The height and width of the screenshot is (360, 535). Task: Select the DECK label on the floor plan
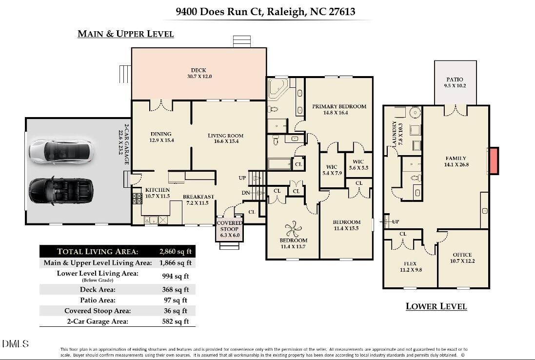[x=198, y=70]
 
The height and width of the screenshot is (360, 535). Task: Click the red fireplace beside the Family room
[x=494, y=160]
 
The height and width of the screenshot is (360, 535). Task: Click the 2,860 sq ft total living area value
[x=176, y=252]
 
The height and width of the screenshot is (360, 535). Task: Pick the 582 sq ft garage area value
[x=176, y=321]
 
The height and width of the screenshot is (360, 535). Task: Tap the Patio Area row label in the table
[x=98, y=300]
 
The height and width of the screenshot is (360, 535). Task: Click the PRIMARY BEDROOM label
[x=339, y=106]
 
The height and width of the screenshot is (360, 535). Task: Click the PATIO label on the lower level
[x=455, y=80]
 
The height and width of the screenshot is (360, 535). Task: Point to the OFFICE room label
[x=462, y=255]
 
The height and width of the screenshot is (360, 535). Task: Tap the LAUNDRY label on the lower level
[x=395, y=134]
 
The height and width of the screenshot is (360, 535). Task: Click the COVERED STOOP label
[x=230, y=226]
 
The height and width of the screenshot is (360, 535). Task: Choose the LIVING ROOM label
[x=225, y=136]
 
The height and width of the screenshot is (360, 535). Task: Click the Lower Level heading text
[x=436, y=306]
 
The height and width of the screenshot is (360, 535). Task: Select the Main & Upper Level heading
[x=126, y=34]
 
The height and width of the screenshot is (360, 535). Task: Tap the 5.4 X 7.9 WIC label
[x=332, y=170]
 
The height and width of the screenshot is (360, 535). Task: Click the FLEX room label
[x=410, y=264]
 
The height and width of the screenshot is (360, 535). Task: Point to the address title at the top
[x=265, y=12]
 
